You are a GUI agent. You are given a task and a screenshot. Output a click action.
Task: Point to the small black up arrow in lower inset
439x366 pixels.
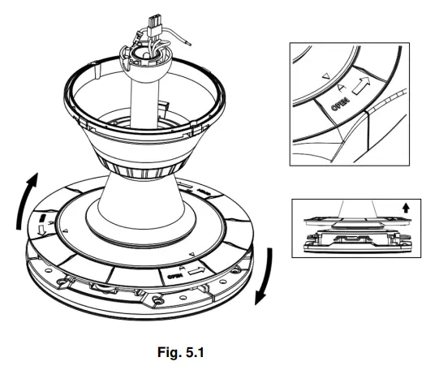pyautogui.click(x=406, y=208)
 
